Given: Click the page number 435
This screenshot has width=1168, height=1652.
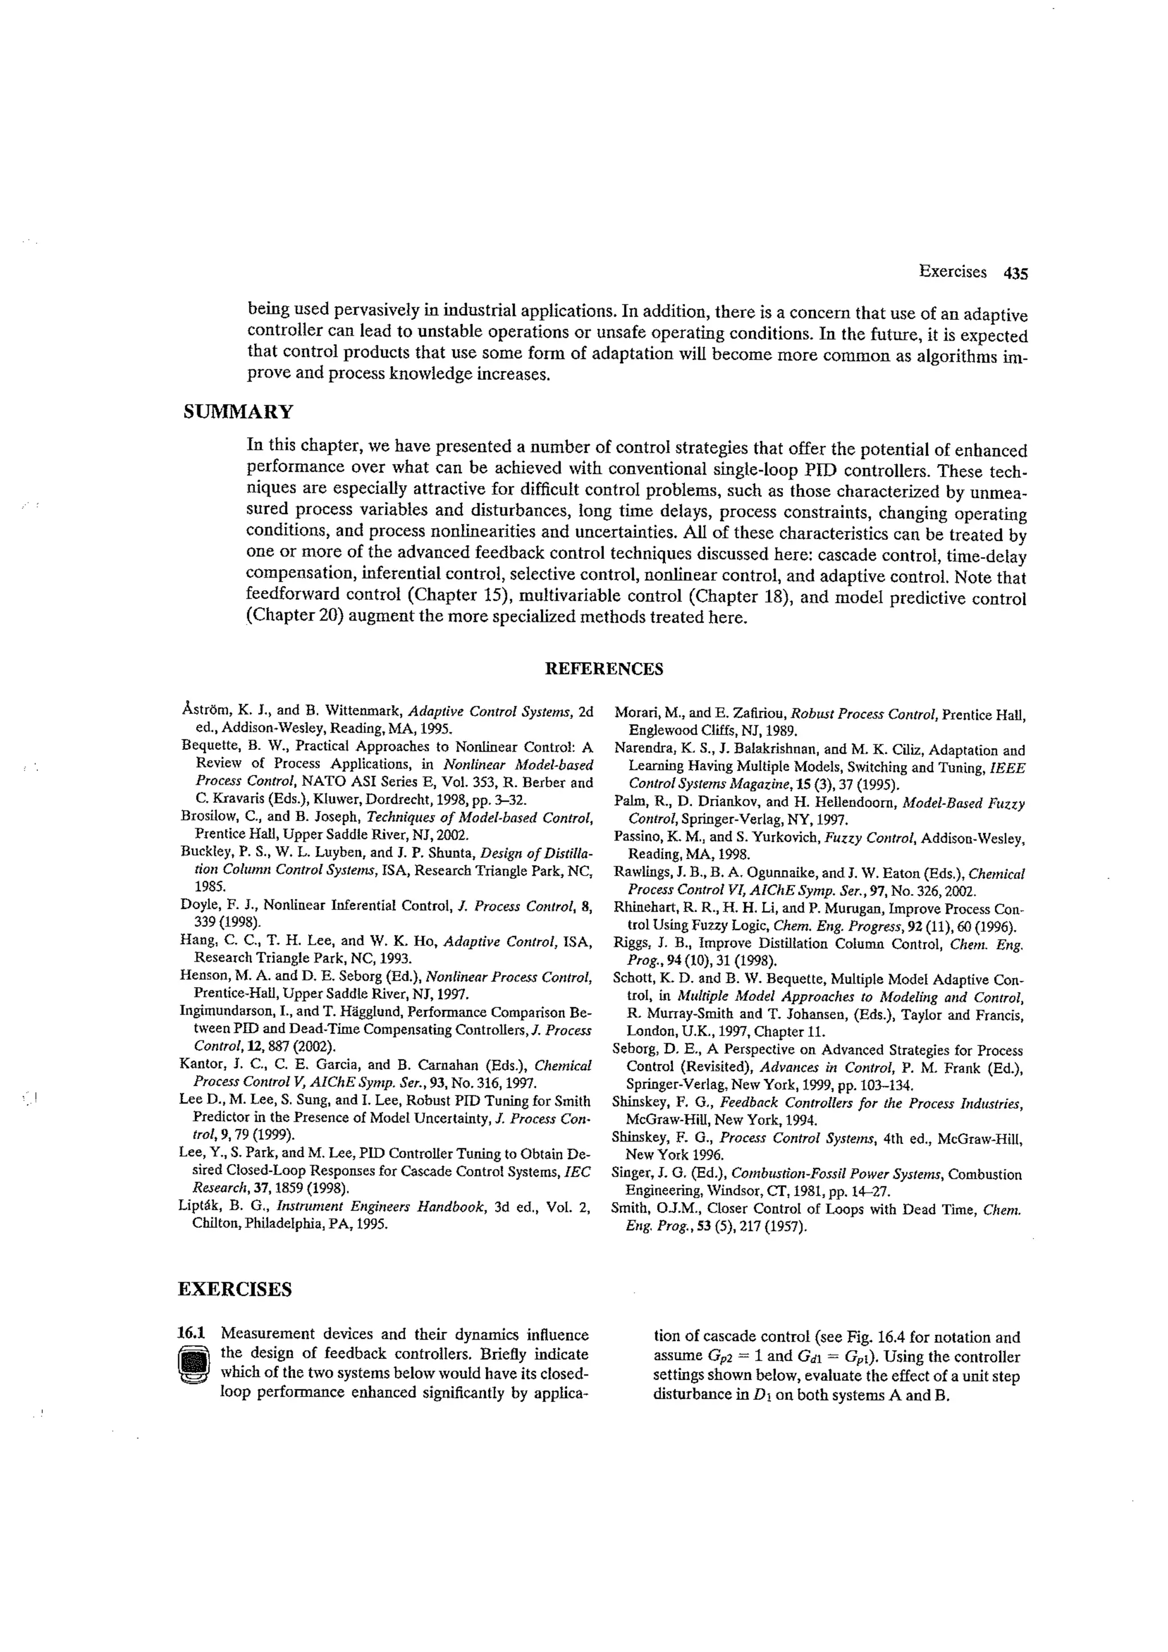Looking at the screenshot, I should [x=1015, y=273].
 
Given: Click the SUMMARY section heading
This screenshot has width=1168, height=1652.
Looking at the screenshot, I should [x=238, y=412].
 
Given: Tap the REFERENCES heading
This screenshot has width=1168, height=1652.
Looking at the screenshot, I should [x=604, y=669].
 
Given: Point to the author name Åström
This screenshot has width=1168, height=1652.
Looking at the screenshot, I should [x=205, y=712].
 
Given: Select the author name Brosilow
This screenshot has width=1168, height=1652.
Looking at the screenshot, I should [x=207, y=817].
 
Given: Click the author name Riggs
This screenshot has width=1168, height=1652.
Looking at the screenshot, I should [x=630, y=943].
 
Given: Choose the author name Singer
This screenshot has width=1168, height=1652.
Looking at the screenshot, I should [x=630, y=1174].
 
